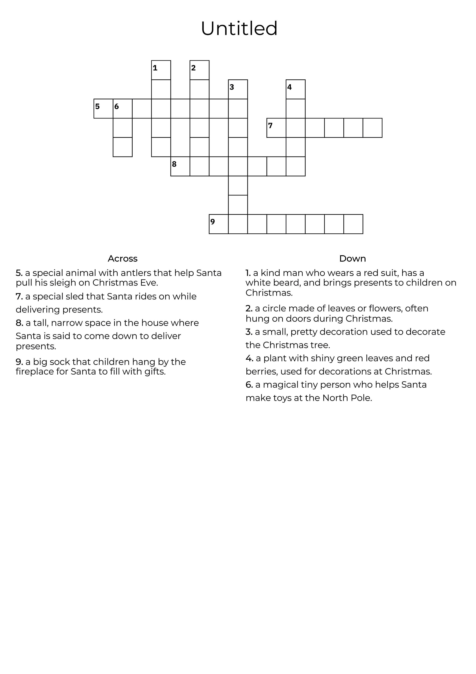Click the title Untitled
point(239,29)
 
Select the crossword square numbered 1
point(161,70)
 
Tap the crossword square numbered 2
point(199,70)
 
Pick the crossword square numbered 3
point(238,89)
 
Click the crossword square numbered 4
point(296,89)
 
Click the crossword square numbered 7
point(276,128)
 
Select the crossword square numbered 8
point(180,166)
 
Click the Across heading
point(123,259)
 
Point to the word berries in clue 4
point(262,372)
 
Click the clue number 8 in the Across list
point(19,323)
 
